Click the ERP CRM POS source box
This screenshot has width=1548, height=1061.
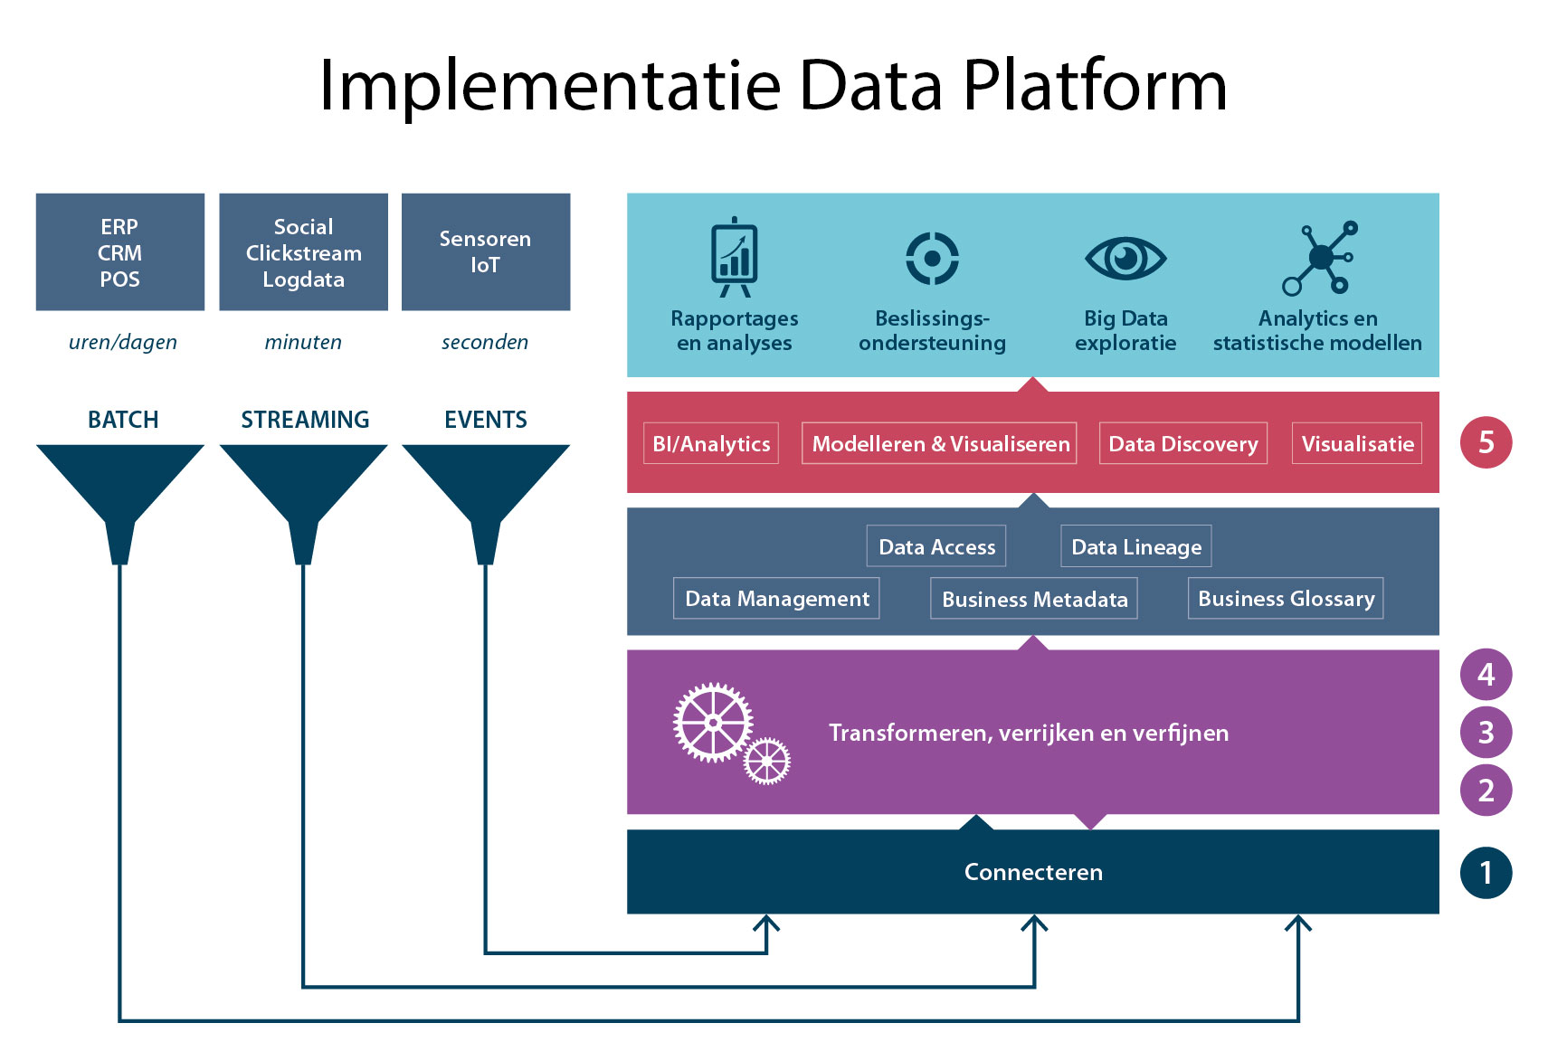[120, 252]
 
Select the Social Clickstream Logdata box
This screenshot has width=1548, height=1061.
[303, 252]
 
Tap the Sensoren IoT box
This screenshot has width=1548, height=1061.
[486, 252]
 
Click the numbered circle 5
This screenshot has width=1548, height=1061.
[1486, 443]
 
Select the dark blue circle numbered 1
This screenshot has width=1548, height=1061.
[1486, 873]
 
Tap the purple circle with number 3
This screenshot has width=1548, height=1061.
[1486, 732]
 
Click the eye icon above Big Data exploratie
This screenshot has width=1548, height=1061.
[1125, 259]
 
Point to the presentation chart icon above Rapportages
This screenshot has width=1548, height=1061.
[735, 257]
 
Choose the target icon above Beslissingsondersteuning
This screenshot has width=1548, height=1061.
[932, 259]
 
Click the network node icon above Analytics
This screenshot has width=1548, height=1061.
[1320, 259]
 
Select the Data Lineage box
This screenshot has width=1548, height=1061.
[1136, 546]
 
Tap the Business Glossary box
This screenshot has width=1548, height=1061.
[1286, 598]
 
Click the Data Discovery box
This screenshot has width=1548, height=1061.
[1183, 443]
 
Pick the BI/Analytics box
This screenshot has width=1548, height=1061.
[711, 443]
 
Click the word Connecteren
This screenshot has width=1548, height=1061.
[1033, 873]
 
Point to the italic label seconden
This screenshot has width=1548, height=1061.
[485, 342]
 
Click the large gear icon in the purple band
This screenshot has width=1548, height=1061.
[713, 723]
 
